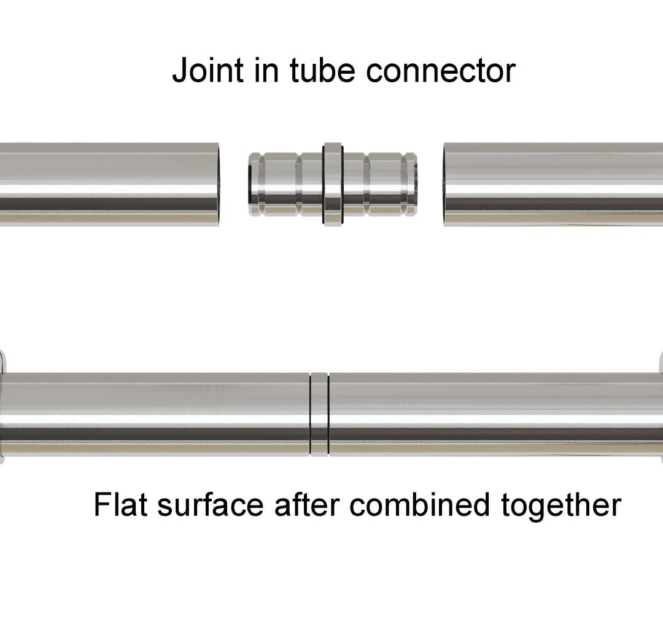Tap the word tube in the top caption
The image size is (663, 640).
(x=323, y=71)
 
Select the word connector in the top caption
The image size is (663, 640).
(x=440, y=71)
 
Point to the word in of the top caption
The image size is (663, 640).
(x=267, y=71)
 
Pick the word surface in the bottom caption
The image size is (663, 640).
(x=210, y=505)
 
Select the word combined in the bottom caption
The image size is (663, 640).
(x=420, y=505)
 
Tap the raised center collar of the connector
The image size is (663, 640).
(x=333, y=184)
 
